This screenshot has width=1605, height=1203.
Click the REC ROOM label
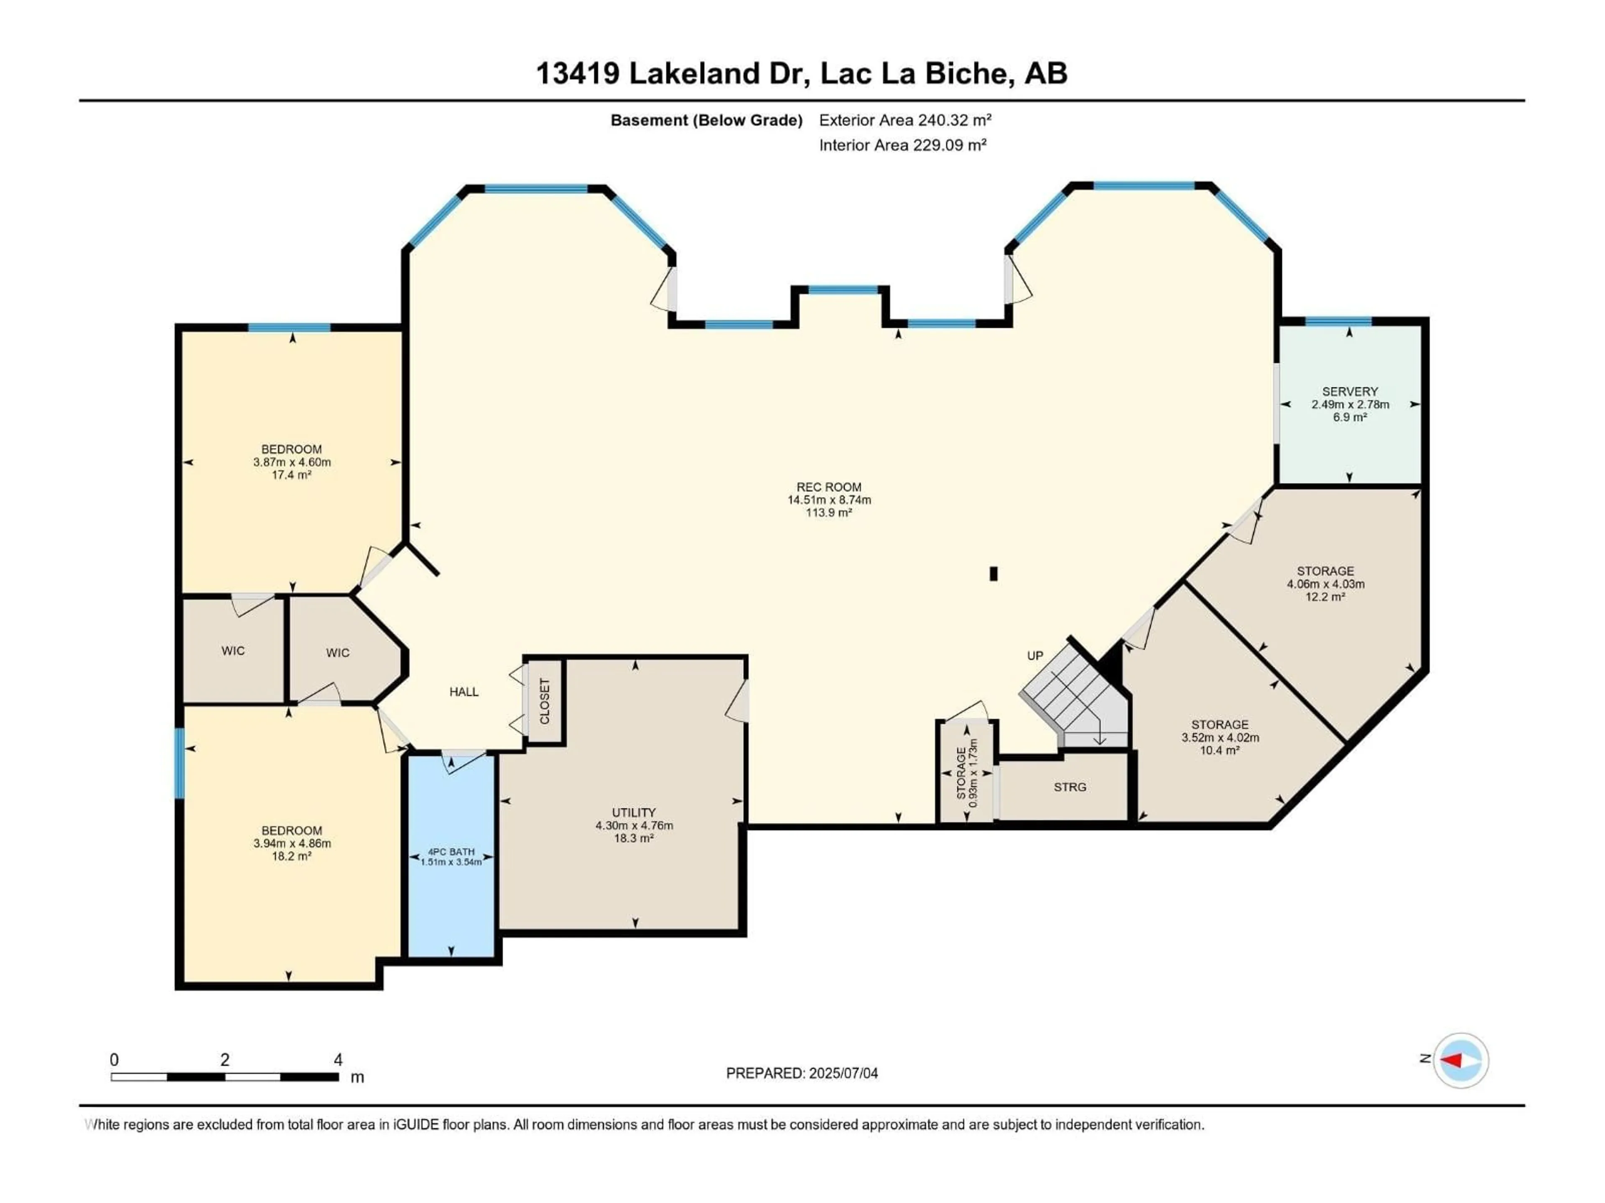pos(828,487)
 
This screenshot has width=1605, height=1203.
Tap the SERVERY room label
pos(1350,391)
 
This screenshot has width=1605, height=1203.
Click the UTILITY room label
pos(634,813)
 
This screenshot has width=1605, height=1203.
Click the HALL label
pos(464,692)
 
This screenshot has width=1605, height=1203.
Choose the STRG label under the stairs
pos(1070,787)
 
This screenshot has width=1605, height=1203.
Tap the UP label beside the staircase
pos(1035,655)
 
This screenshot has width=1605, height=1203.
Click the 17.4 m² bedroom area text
pos(292,475)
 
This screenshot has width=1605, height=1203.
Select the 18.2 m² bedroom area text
pos(292,856)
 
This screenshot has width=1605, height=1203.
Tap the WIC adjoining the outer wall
pos(233,650)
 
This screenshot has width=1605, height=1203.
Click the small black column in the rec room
pos(994,574)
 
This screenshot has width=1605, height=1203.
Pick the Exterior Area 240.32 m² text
pos(905,120)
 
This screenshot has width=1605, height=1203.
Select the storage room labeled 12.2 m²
pos(1325,584)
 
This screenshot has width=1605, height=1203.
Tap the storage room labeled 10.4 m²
pos(1220,737)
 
